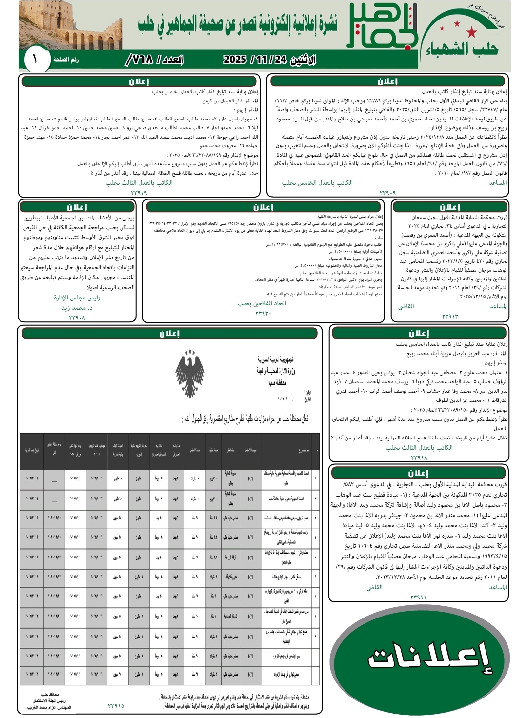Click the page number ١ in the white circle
pos(35,60)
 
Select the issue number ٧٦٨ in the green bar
pos(139,60)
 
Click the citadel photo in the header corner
pos(70,25)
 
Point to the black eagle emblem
pos(190,373)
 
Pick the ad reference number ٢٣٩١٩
pos(139,193)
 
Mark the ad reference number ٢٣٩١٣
pos(450,316)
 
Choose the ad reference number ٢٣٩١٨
pos(419,458)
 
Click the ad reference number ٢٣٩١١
pos(418,597)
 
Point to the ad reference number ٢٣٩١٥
pos(116,705)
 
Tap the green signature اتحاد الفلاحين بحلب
pos(262,303)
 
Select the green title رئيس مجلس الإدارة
pos(77,298)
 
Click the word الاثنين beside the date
pos(303,60)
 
